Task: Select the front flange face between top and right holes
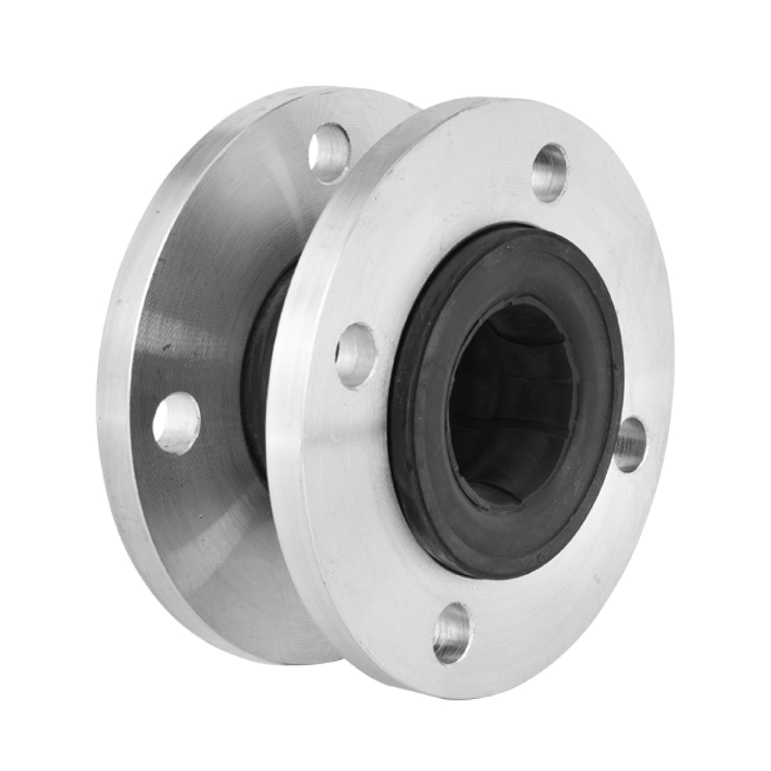[x=617, y=289]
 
